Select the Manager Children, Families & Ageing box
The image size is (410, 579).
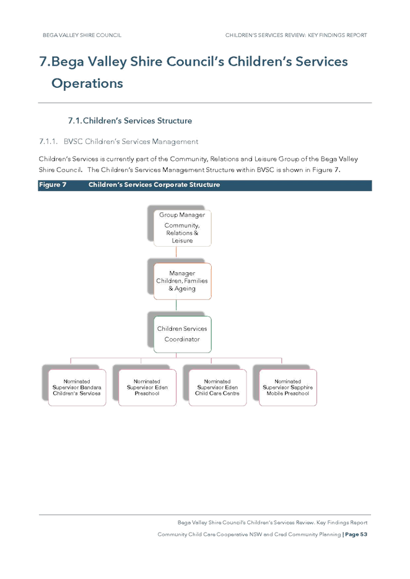click(x=182, y=281)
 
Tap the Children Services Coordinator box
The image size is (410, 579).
click(x=182, y=334)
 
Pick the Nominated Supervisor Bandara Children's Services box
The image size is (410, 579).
click(x=77, y=388)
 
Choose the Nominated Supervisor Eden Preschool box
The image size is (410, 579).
click(x=147, y=388)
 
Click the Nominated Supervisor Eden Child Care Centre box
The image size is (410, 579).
click(x=217, y=388)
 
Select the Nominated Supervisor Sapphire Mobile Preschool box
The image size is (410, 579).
click(x=287, y=388)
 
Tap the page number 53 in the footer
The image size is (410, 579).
click(x=364, y=534)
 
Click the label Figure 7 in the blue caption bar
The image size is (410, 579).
click(x=53, y=184)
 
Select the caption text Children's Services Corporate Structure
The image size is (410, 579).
click(x=154, y=184)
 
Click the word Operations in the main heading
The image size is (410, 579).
click(x=87, y=84)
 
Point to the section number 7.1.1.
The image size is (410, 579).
click(x=48, y=142)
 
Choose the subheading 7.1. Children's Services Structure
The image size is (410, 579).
click(x=130, y=121)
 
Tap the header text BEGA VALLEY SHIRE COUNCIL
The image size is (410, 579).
click(x=82, y=35)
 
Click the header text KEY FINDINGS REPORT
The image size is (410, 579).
click(x=338, y=35)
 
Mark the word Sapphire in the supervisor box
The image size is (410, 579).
click(x=300, y=387)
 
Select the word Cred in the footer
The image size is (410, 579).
click(x=280, y=534)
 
